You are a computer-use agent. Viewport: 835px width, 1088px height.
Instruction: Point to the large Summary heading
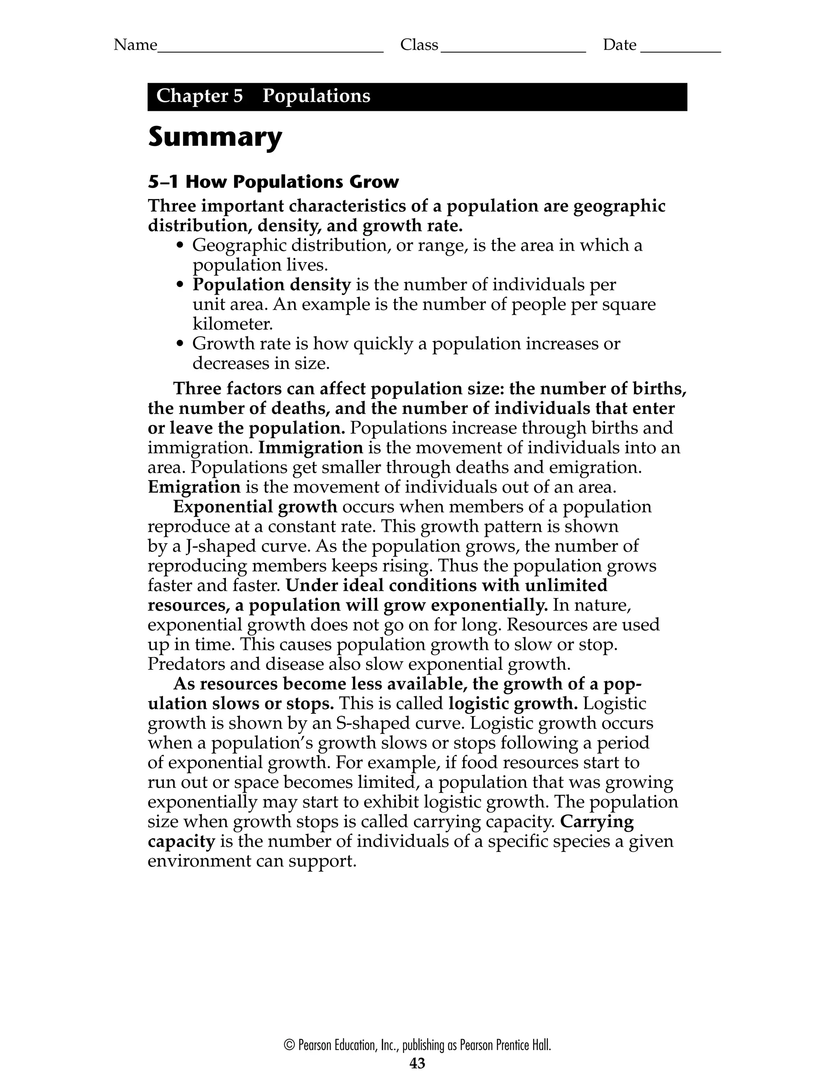[215, 138]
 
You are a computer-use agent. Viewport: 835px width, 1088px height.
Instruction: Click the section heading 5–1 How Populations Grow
[273, 182]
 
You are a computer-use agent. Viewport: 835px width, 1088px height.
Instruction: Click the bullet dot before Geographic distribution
[181, 245]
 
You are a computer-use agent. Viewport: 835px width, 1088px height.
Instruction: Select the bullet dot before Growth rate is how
[181, 344]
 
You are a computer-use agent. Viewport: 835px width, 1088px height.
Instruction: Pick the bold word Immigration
[311, 448]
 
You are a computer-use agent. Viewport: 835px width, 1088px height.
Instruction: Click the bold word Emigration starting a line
[194, 487]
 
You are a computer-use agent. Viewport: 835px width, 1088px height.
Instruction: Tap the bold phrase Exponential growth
[255, 507]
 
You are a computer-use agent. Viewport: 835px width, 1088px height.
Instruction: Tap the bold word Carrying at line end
[596, 822]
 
